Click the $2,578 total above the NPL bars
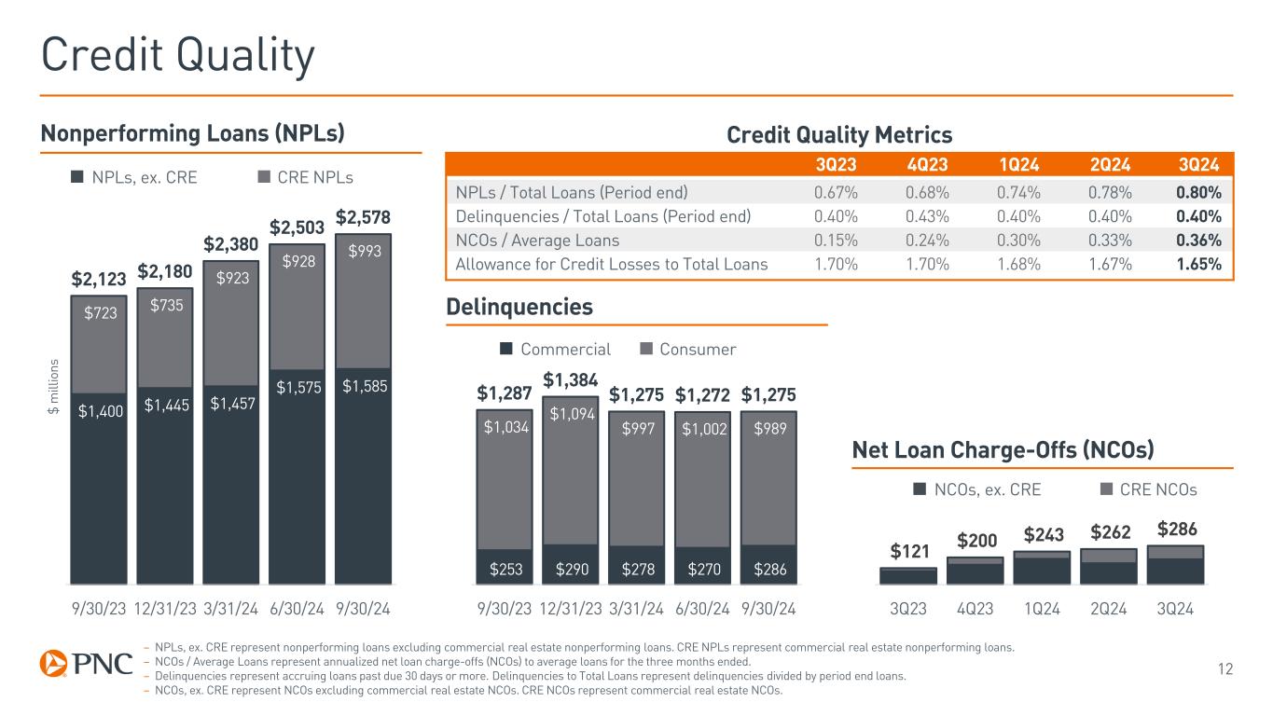(362, 217)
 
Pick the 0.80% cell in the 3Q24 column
(1198, 193)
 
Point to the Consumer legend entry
(688, 350)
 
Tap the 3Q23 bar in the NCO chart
(908, 575)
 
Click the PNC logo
(86, 664)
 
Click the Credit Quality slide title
(177, 58)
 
